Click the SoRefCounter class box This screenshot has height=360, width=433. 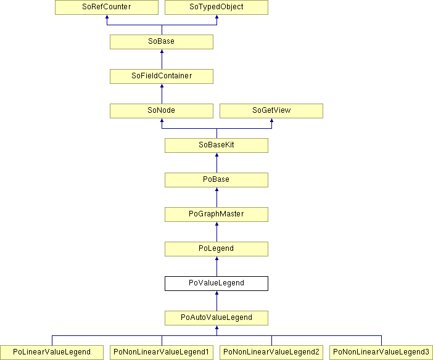(107, 7)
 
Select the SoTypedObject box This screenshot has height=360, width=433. (216, 7)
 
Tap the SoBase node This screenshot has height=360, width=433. (162, 42)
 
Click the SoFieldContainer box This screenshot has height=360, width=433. (162, 76)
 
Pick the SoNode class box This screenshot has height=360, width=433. (162, 111)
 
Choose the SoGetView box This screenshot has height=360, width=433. (271, 111)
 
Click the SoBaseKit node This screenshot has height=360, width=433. (216, 145)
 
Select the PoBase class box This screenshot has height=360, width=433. (216, 180)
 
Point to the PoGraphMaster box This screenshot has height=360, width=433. (216, 215)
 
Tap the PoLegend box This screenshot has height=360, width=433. (216, 249)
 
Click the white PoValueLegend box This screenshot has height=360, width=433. (216, 283)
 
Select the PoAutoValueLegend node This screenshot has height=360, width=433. (216, 317)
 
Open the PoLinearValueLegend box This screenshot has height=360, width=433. (52, 352)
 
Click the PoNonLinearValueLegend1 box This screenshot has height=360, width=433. (162, 352)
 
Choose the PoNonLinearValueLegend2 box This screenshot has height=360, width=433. (271, 352)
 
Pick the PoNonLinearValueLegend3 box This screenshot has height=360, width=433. (381, 352)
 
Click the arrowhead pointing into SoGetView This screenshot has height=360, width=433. (272, 120)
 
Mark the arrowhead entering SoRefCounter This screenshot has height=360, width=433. (107, 17)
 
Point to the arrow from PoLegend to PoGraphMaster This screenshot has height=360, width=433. (216, 232)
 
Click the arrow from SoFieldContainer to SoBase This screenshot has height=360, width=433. (162, 59)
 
